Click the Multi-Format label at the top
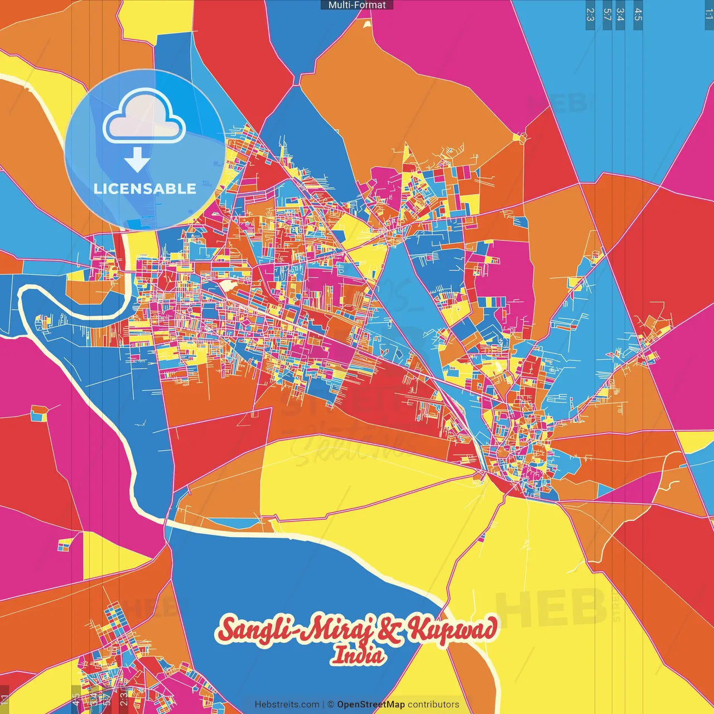pos(357,5)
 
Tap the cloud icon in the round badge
pos(144,117)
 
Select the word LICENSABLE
pos(145,189)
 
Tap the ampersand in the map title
pos(390,631)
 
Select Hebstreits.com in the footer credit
pos(287,705)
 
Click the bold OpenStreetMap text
pos(370,705)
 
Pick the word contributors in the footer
pos(433,705)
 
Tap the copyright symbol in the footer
pos(331,705)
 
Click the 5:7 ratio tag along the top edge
pos(607,15)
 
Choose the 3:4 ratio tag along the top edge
pos(620,15)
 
